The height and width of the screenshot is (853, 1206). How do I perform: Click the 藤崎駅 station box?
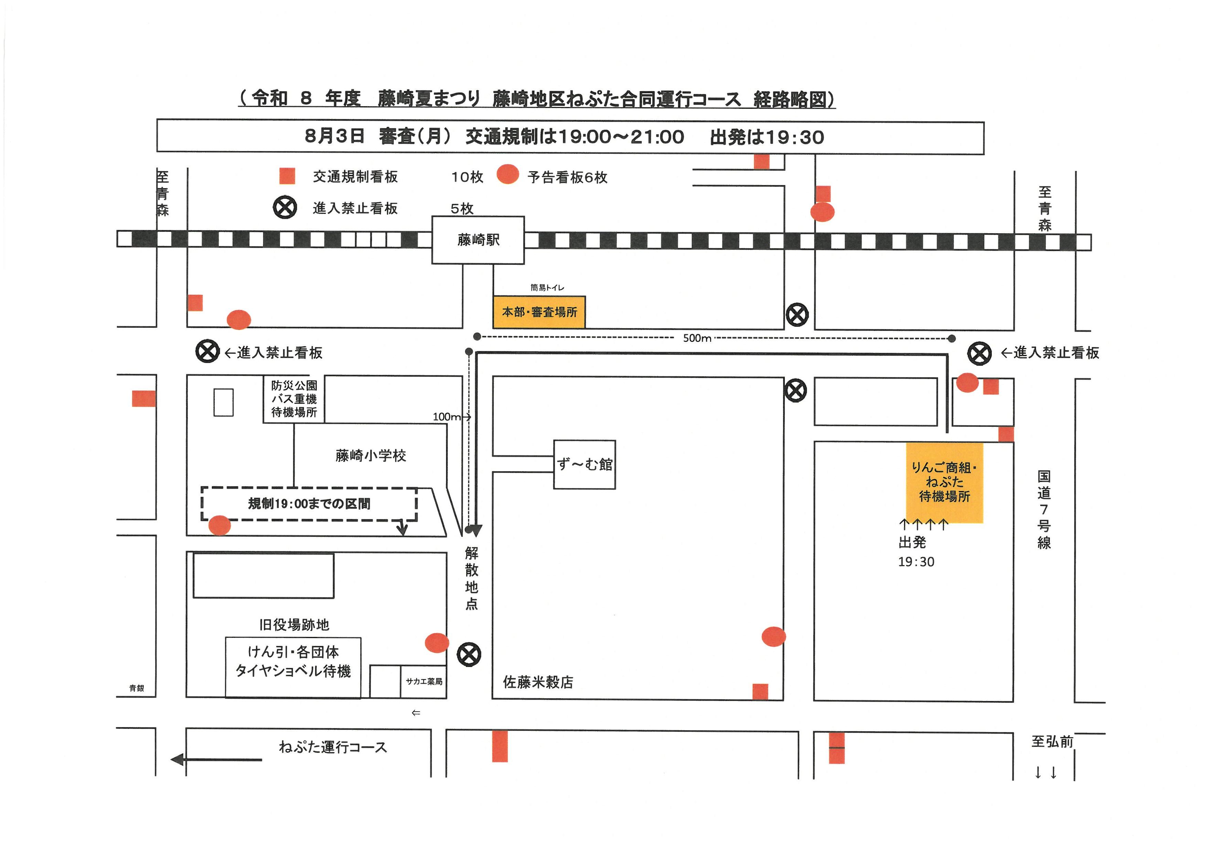[478, 240]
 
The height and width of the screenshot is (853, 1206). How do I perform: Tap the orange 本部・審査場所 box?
[540, 312]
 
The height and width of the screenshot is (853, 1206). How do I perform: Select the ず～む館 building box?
[585, 465]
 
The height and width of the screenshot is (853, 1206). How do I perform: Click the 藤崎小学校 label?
[371, 455]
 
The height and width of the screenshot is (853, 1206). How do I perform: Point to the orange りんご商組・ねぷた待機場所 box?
[944, 482]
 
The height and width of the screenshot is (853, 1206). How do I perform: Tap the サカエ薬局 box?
[424, 681]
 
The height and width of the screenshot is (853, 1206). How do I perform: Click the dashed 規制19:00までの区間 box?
[309, 504]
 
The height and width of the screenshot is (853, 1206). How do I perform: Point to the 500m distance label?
[697, 338]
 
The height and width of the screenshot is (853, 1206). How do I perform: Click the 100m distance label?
[446, 417]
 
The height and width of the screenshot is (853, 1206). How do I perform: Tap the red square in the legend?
[287, 176]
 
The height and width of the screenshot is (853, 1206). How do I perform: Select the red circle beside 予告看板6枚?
[508, 174]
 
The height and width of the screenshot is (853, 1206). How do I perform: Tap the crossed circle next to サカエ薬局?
[469, 655]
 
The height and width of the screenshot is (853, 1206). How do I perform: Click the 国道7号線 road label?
[1044, 509]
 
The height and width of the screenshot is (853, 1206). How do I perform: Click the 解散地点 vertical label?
[472, 578]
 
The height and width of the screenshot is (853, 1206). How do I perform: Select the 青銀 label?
[137, 688]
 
